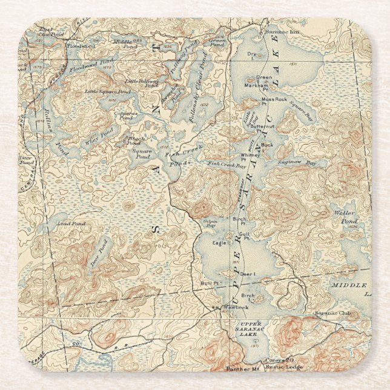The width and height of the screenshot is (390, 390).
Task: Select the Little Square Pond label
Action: click(x=107, y=91)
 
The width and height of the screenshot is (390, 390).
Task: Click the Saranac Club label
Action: click(x=329, y=313)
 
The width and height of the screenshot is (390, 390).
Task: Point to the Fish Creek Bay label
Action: click(x=226, y=163)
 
